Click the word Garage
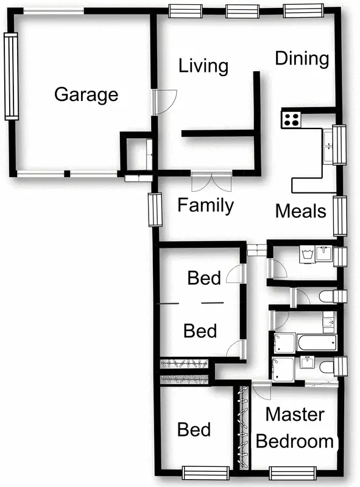tap(86, 95)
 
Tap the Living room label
tap(203, 66)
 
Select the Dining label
tap(302, 58)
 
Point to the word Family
tap(205, 206)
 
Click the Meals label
tap(301, 211)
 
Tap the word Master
tap(295, 415)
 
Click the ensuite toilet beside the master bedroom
tap(327, 366)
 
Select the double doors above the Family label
tap(211, 181)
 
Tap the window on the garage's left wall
tap(10, 76)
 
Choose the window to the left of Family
tap(154, 209)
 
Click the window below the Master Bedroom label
tap(292, 472)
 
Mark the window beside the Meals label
tap(339, 216)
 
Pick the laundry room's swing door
tap(275, 267)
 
